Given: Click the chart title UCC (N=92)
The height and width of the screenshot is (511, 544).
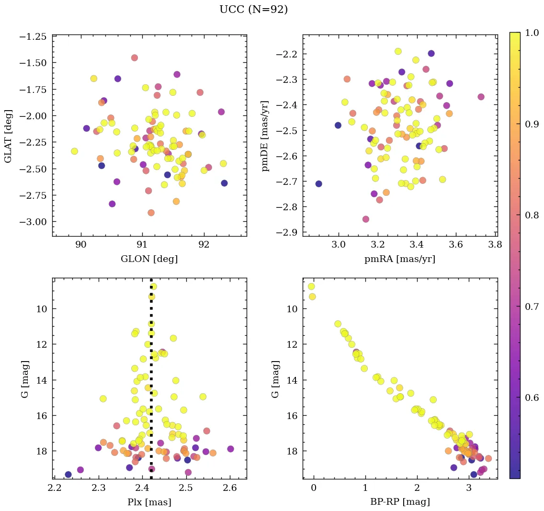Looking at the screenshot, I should coord(253,10).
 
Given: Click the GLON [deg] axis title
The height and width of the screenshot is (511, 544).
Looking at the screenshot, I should coord(149,259).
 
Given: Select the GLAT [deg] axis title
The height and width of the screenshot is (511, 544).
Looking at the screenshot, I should coord(9,136).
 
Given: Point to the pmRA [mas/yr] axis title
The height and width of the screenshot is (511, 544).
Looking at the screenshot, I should coord(400,259).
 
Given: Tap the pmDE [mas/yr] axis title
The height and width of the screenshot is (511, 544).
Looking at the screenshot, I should coord(265,136).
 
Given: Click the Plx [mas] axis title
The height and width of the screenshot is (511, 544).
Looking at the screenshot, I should coord(149,502).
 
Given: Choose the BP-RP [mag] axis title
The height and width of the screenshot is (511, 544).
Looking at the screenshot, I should coord(400,502).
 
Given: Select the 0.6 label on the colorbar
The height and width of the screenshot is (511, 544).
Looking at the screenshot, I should coord(533,398).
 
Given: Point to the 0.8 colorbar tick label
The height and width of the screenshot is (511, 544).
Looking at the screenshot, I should coord(533,215).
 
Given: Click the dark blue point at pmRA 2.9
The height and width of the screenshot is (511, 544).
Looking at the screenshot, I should coord(318,184).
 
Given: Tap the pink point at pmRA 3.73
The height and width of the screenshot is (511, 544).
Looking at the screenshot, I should coord(481,97).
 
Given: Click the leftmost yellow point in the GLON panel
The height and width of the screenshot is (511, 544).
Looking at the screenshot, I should coord(74,151).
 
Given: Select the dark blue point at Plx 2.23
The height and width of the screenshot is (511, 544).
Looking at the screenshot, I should coord(68,475).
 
